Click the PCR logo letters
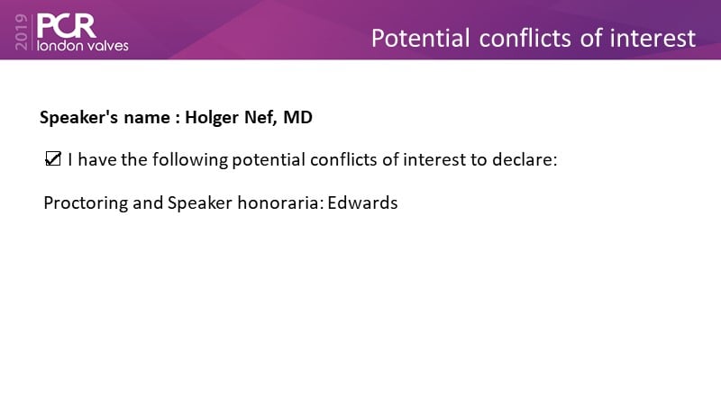coord(66,26)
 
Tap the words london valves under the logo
coord(83,46)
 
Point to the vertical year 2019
coord(21,31)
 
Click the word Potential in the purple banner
coord(420,39)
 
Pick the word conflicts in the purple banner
coord(525,38)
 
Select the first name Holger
coord(212,118)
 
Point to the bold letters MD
coord(298,117)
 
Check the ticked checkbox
coord(53,159)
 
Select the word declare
coord(525,160)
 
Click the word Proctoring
coord(86,203)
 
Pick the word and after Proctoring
coord(148,203)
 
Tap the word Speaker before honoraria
coord(200,203)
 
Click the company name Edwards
coord(362,203)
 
